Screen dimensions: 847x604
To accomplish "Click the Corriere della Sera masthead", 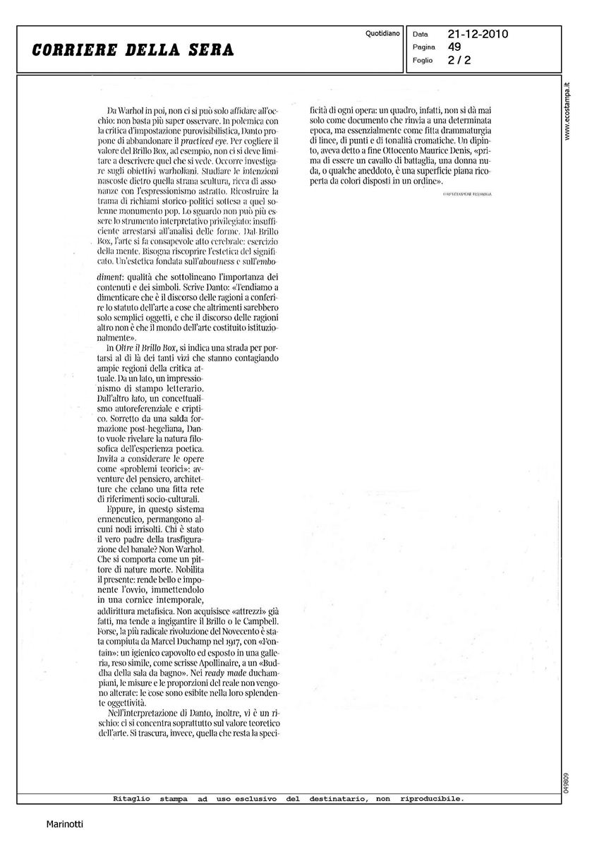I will (133, 50).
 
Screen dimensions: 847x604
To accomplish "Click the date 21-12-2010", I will (478, 34).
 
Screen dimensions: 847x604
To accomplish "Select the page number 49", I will (454, 47).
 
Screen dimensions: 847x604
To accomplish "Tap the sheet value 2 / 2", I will (459, 60).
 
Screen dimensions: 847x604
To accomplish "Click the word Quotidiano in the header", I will (383, 33).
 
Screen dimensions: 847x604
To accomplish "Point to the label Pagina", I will (424, 47).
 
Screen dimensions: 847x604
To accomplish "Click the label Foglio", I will (423, 61).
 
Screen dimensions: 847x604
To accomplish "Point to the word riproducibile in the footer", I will (433, 799).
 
